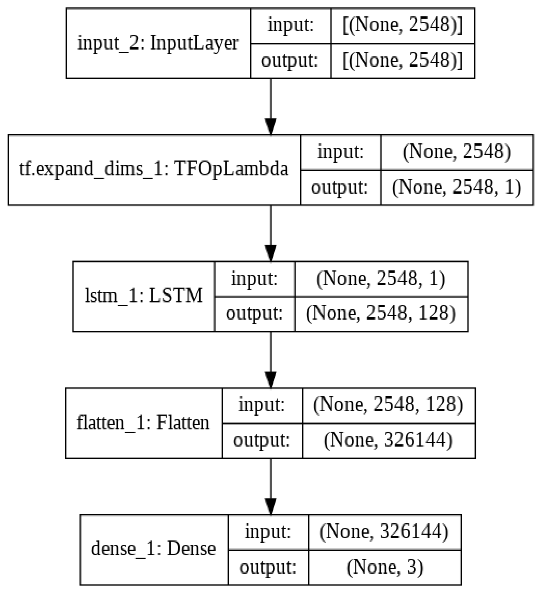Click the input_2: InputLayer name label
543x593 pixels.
tap(158, 43)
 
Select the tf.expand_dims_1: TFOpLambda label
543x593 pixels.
tap(154, 170)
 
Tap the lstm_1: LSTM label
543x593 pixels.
tap(144, 296)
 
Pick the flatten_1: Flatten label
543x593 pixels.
tap(143, 423)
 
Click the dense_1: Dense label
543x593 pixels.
tap(153, 549)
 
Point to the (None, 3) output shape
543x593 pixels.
tap(385, 567)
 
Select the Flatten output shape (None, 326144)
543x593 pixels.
tap(388, 440)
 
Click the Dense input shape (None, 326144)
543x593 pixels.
tap(384, 532)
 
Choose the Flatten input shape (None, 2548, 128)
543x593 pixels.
tap(388, 405)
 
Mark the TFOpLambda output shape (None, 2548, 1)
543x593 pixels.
tap(457, 187)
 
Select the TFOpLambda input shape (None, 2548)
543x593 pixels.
tap(457, 152)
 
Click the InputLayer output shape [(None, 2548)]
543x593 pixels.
tap(403, 61)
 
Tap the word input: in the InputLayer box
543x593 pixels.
tap(290, 25)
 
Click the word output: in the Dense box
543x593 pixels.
tap(268, 567)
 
